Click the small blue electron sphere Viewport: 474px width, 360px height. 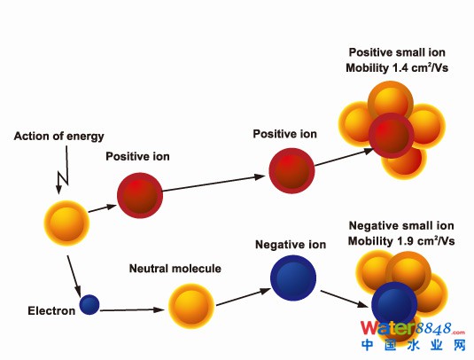coord(89,304)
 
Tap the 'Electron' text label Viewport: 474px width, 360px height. coord(51,310)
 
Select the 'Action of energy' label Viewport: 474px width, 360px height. coord(59,137)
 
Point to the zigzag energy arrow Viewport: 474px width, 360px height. coord(63,170)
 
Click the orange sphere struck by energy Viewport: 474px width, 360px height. coord(66,223)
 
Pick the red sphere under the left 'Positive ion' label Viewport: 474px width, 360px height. coord(140,195)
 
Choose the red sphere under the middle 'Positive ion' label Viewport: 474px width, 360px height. coord(291,170)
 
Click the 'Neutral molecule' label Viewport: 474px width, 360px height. coord(175,269)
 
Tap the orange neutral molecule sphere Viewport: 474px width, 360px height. coord(191,306)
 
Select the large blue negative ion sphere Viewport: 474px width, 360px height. coord(293,278)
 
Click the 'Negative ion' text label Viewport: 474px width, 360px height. coord(291,245)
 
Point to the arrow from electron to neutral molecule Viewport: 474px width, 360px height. coord(132,309)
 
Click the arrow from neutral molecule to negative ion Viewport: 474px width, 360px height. coord(244,297)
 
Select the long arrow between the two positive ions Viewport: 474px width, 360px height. coord(214,183)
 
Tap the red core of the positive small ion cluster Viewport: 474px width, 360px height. coord(392,136)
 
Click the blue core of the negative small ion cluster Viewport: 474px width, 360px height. coord(394,304)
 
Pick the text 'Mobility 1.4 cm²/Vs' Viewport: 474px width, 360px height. coord(397,67)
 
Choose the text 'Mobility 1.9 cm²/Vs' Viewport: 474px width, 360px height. coord(401,241)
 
